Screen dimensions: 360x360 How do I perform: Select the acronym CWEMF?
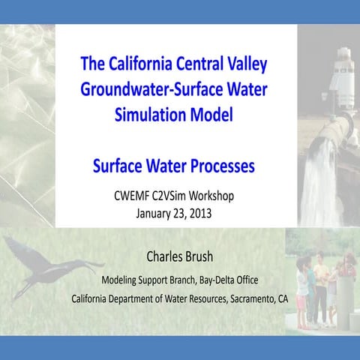click(130, 196)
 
